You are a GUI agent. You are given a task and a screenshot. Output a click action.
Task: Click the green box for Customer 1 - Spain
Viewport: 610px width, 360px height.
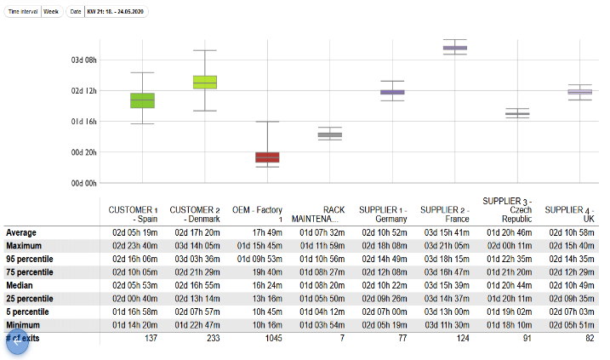[142, 100]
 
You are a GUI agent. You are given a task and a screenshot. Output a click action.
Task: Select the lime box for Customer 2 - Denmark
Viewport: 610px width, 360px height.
[204, 82]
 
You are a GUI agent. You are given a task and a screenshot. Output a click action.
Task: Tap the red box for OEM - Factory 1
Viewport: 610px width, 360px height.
[267, 157]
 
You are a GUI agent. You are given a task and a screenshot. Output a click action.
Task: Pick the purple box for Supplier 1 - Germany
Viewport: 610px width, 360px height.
[392, 92]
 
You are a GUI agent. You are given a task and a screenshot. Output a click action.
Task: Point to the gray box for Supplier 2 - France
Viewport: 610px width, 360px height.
[455, 49]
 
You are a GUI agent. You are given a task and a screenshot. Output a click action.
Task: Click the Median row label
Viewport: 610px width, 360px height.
[20, 285]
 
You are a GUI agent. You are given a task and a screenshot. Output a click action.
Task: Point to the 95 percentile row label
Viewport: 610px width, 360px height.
[30, 259]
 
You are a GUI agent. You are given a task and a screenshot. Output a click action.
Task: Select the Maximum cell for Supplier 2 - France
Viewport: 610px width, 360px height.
[445, 246]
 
